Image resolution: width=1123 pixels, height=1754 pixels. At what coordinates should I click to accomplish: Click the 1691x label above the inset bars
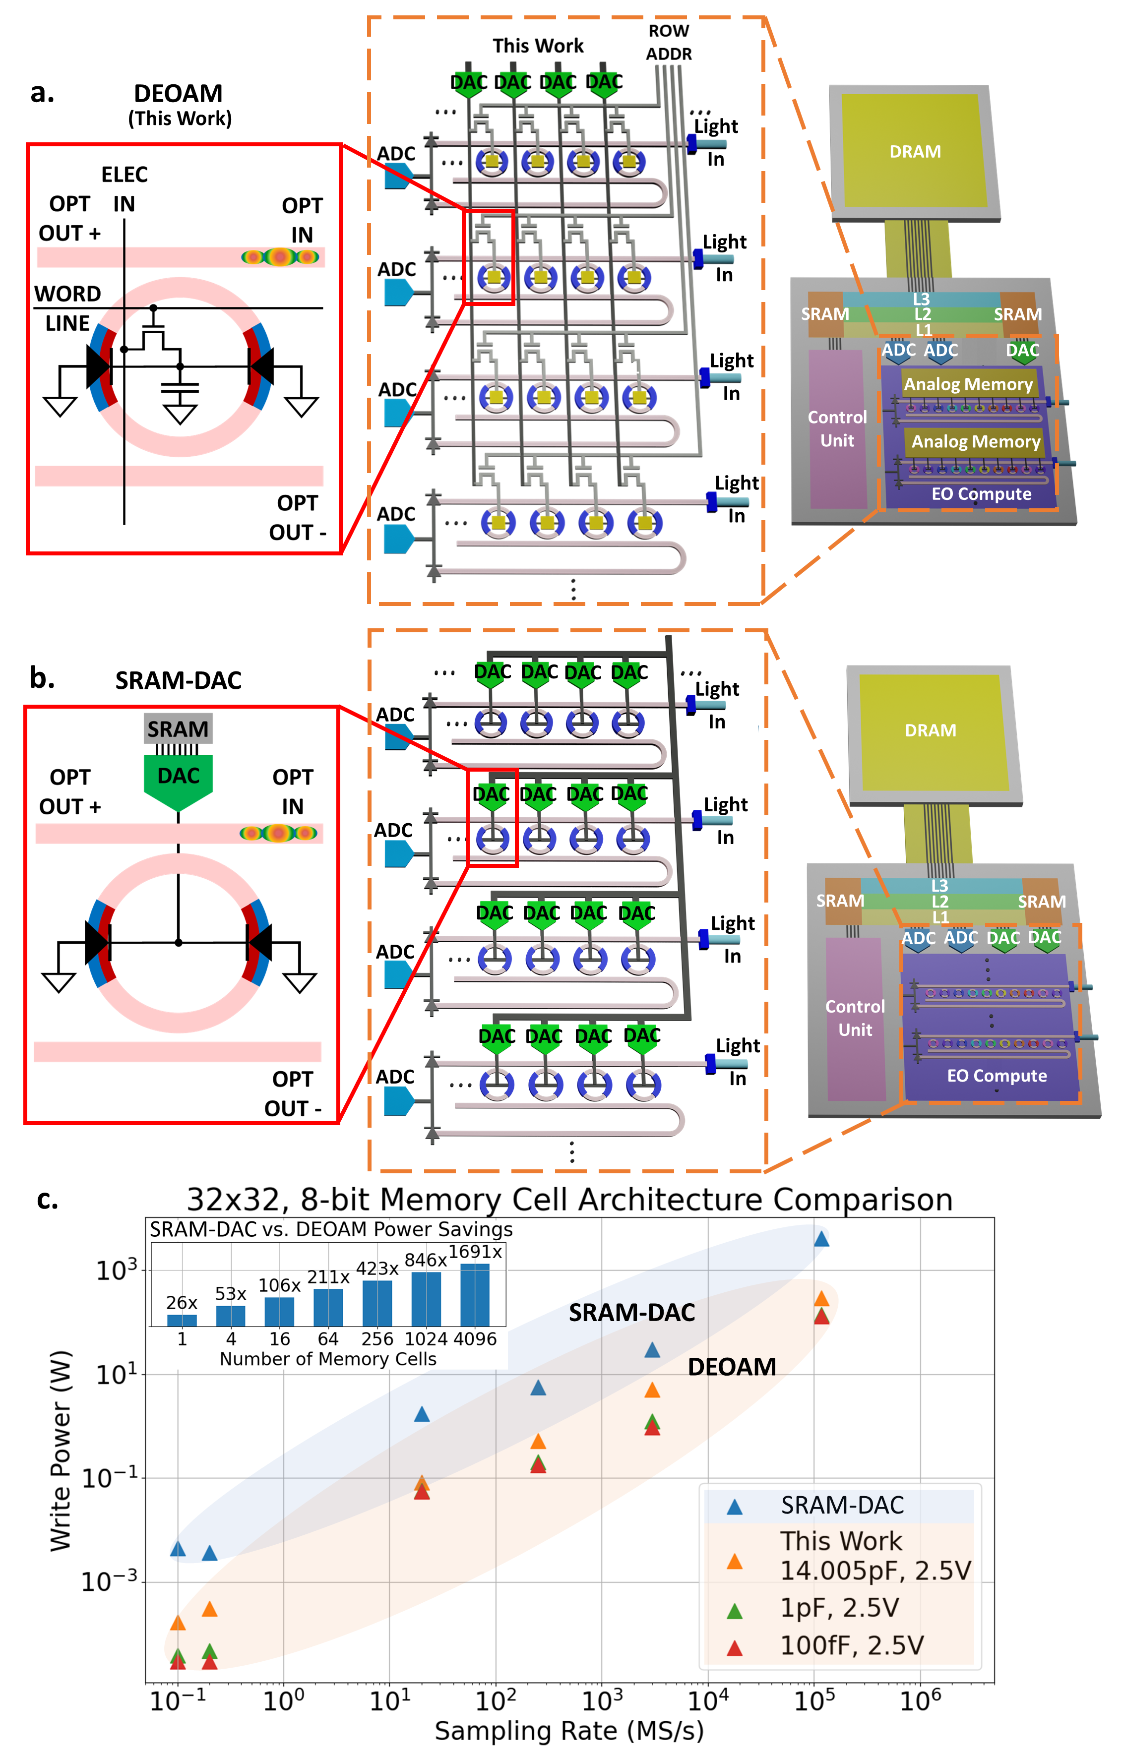click(475, 1252)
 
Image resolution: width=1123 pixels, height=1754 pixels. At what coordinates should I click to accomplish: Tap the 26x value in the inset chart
click(182, 1302)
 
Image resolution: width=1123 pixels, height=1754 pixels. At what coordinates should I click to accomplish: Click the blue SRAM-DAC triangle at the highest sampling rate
click(821, 1239)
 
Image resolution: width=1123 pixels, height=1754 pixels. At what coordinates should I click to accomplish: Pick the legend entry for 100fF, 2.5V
click(852, 1645)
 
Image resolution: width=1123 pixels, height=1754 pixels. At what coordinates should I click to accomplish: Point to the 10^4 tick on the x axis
click(708, 1701)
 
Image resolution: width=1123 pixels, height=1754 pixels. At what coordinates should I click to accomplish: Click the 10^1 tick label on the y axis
click(117, 1375)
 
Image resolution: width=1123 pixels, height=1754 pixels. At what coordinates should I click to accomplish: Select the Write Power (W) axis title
click(61, 1451)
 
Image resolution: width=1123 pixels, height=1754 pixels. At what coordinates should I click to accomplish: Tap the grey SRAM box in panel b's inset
click(178, 728)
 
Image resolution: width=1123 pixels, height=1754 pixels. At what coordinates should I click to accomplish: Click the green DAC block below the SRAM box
click(178, 779)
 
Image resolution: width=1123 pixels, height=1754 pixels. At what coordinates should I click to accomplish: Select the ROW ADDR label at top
click(669, 42)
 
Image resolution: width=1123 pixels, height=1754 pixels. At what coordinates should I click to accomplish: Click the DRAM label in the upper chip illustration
click(915, 152)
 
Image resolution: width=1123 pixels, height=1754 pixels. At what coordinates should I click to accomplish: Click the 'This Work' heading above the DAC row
click(538, 46)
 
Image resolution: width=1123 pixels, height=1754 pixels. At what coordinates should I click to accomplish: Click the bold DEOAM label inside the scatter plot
click(732, 1366)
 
